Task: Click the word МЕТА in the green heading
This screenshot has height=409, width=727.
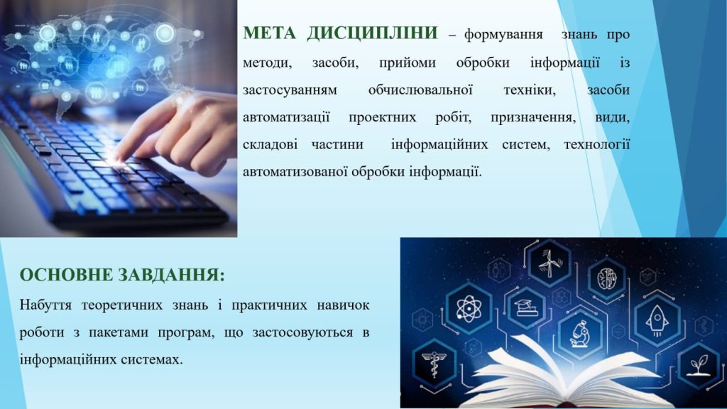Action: coord(269,33)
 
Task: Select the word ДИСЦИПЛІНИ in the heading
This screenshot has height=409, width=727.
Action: coord(372,33)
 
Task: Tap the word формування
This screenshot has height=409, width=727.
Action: coord(503,36)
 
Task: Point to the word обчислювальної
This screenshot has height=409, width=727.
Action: coord(420,89)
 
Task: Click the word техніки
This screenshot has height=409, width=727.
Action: coord(530,89)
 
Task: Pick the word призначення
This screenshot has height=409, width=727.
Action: coord(533,117)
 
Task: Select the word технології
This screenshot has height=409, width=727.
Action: coord(597,144)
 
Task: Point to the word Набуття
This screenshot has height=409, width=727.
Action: coord(45,305)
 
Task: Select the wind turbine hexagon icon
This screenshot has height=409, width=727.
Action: coord(550,264)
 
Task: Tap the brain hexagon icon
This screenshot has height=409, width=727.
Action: coord(607,278)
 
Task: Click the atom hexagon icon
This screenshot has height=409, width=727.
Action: coord(469,308)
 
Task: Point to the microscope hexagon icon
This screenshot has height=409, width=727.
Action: coord(580,334)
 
